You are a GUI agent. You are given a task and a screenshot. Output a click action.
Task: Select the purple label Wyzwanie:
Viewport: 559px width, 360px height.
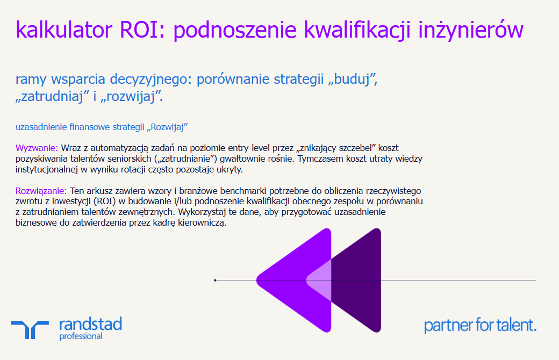pyautogui.click(x=37, y=148)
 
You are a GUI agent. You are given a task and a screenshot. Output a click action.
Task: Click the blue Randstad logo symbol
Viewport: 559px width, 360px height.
pyautogui.click(x=30, y=328)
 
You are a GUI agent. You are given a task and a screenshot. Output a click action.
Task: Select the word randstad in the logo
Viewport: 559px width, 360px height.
pyautogui.click(x=90, y=324)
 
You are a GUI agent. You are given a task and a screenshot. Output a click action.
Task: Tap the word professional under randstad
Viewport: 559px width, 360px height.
pyautogui.click(x=81, y=336)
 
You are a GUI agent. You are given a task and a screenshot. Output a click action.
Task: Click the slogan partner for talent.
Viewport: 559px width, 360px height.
pyautogui.click(x=480, y=325)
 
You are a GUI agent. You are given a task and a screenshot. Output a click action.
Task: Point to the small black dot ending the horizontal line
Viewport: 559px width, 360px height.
pyautogui.click(x=215, y=280)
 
